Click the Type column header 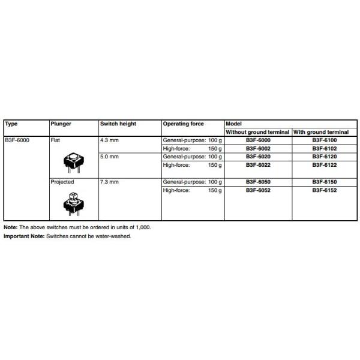[x=11, y=124]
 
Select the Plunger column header [x=61, y=124]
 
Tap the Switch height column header [x=118, y=124]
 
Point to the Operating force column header [x=183, y=124]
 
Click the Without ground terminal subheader [x=258, y=132]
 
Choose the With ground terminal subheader [x=321, y=132]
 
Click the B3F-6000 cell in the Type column [x=18, y=140]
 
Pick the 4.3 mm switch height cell [x=111, y=140]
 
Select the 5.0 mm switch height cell [x=111, y=156]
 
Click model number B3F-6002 [x=258, y=148]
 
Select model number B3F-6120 [x=324, y=156]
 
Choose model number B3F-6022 [x=258, y=164]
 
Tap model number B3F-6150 [x=324, y=181]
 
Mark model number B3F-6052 [x=258, y=190]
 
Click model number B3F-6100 [x=324, y=140]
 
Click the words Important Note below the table [x=24, y=236]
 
